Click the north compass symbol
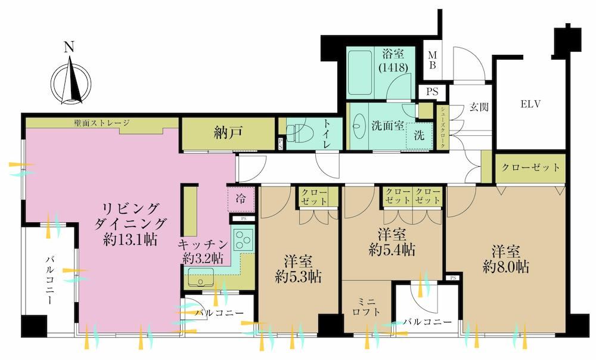click(71, 82)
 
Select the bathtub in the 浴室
click(359, 74)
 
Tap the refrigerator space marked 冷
click(241, 199)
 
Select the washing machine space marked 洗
click(419, 135)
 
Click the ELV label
click(530, 104)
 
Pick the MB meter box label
click(432, 60)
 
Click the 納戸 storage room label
click(228, 133)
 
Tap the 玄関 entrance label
click(479, 107)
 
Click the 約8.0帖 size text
click(506, 268)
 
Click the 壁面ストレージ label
click(102, 123)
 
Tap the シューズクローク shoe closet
click(443, 128)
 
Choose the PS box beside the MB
click(432, 92)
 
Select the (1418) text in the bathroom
click(393, 67)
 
